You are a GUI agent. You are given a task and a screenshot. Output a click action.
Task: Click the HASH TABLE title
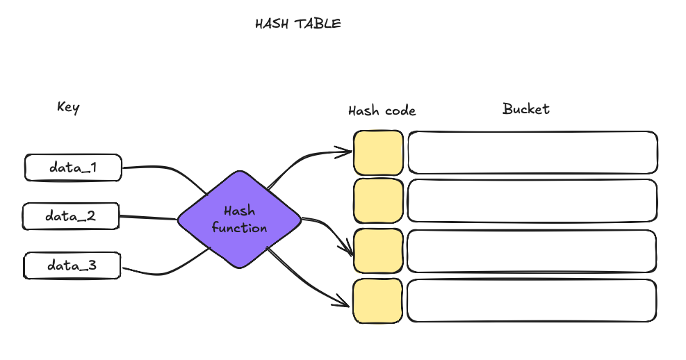point(298,24)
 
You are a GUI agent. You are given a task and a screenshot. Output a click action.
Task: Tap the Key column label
point(68,107)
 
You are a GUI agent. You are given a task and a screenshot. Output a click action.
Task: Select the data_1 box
point(73,167)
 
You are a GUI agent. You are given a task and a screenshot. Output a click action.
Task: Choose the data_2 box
point(72,216)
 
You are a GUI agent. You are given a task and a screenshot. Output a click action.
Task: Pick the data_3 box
point(72,265)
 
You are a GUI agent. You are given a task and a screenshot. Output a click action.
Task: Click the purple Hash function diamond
point(240,220)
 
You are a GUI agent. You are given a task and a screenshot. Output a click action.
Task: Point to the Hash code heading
point(382,111)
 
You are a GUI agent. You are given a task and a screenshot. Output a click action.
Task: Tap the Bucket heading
point(526,109)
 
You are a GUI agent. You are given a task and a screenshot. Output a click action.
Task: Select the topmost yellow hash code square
point(378,152)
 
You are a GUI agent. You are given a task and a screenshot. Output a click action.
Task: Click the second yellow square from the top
point(378,201)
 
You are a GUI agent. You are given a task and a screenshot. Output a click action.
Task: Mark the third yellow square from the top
point(378,251)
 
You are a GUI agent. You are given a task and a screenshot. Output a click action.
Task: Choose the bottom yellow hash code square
point(378,301)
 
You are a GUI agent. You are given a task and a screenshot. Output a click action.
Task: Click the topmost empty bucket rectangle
point(532,152)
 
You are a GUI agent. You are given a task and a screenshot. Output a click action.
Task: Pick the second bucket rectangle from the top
point(532,201)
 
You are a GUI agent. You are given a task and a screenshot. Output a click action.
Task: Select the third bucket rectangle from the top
point(532,251)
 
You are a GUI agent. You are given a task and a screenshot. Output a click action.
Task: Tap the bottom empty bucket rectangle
point(532,301)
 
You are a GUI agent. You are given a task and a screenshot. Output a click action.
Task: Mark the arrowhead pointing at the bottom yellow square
point(343,302)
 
